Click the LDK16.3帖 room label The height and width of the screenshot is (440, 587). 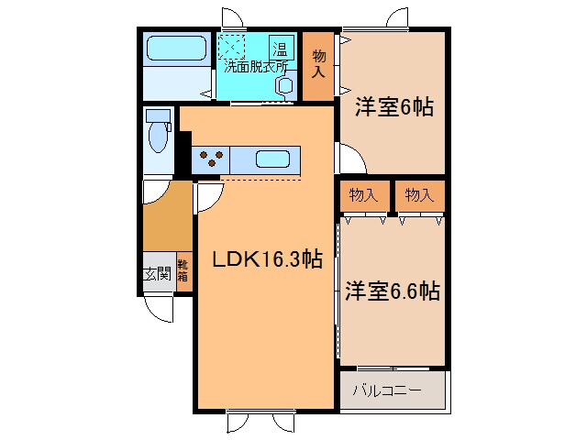point(267,260)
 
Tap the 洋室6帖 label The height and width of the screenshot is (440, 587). point(393,108)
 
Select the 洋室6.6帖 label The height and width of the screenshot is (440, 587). point(393,292)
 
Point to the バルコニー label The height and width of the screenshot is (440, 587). point(387,391)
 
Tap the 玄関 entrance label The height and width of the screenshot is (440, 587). point(157,273)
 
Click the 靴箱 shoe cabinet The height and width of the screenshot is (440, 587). point(183,273)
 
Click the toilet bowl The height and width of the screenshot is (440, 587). point(158,136)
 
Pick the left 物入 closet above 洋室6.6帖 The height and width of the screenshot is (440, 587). point(363,194)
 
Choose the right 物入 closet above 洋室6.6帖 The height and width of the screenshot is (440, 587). point(419,194)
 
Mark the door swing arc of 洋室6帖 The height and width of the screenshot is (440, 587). point(353,161)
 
